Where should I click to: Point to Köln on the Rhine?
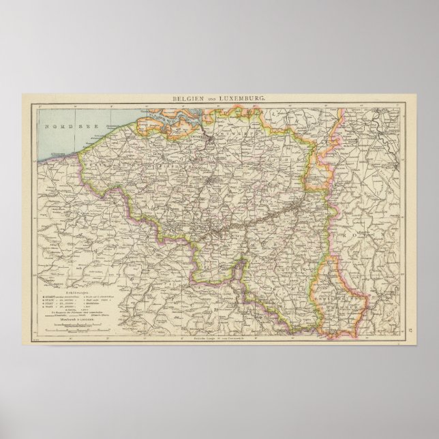pyautogui.click(x=382, y=166)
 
